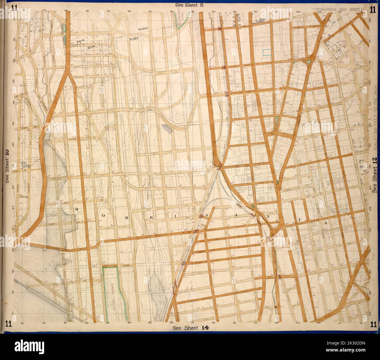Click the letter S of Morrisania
[x=208, y=215]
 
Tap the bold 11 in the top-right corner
[x=372, y=9]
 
